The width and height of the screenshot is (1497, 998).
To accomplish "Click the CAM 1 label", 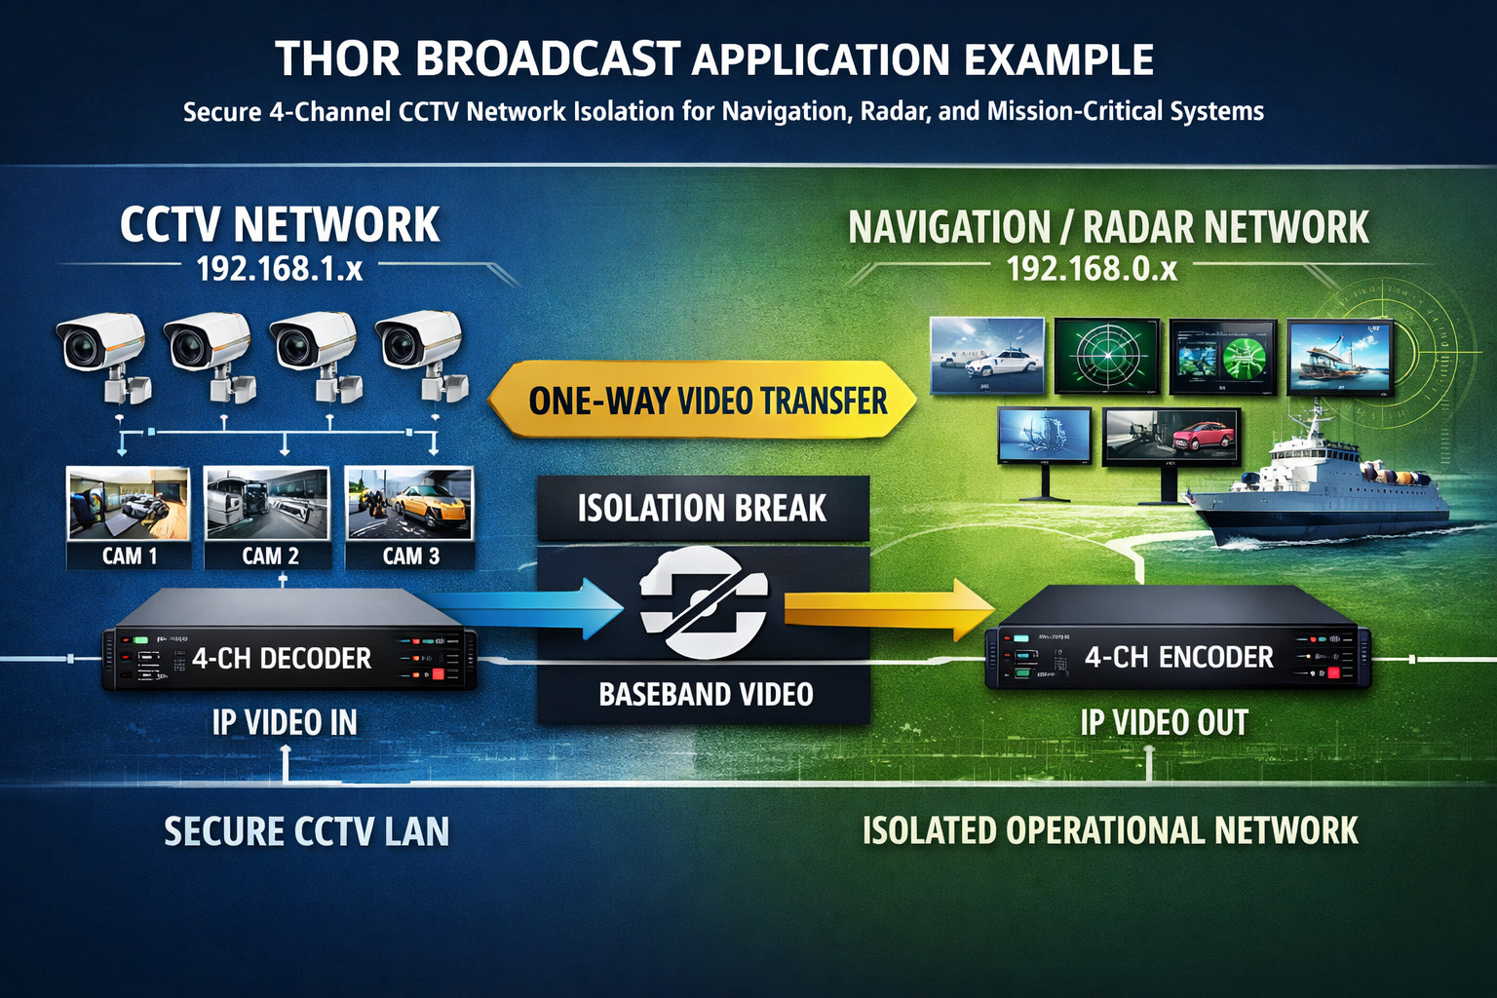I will tap(129, 556).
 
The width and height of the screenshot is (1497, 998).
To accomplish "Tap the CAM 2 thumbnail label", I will tap(270, 556).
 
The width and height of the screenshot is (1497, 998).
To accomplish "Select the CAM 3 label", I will tap(410, 556).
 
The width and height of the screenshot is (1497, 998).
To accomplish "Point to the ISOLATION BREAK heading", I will tap(702, 508).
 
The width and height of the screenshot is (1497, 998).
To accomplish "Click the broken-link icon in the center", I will tap(704, 602).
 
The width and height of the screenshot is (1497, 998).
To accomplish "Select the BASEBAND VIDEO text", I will tap(706, 694).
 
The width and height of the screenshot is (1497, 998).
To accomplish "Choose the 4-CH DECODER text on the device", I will tap(282, 659).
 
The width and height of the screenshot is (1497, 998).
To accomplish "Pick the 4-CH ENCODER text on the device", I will tap(1179, 658).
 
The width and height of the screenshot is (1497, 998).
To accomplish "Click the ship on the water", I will tap(1325, 487).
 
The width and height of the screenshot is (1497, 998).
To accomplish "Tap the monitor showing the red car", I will tap(1171, 437).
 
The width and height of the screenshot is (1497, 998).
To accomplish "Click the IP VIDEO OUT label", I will tap(1164, 722).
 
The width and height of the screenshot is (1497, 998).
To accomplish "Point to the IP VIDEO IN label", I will tap(285, 722).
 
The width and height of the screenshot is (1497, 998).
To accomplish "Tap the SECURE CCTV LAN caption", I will tap(306, 831).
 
